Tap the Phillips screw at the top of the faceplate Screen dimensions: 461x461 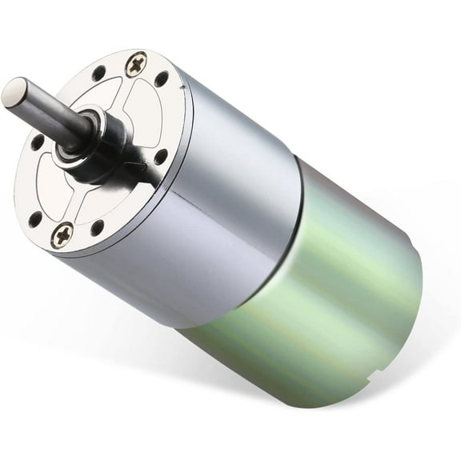click(137, 64)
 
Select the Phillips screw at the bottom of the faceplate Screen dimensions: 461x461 click(62, 235)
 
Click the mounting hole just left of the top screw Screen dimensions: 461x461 click(99, 74)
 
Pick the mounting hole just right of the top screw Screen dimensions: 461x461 click(162, 79)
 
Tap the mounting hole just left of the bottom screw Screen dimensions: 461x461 click(35, 218)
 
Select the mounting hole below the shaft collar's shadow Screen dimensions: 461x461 click(161, 157)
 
